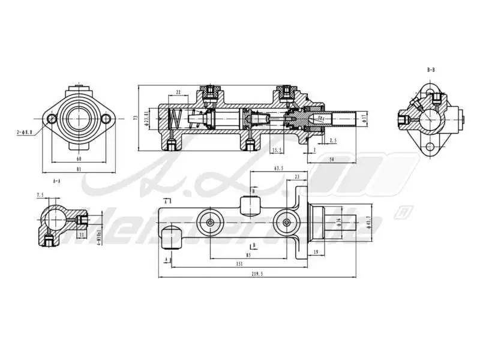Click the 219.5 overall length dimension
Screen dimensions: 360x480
[258, 274]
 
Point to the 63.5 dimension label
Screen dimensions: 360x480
[278, 169]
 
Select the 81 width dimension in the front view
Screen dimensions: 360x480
[79, 170]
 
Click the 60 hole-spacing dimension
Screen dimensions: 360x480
[79, 160]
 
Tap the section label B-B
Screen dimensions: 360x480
[431, 70]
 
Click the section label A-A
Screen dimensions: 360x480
[56, 180]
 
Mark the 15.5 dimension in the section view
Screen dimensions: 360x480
[277, 150]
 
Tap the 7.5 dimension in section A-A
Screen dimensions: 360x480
[40, 195]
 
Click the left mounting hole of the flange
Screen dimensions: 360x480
[52, 119]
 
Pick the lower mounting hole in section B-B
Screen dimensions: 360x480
[430, 147]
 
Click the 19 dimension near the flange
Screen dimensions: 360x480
[315, 252]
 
